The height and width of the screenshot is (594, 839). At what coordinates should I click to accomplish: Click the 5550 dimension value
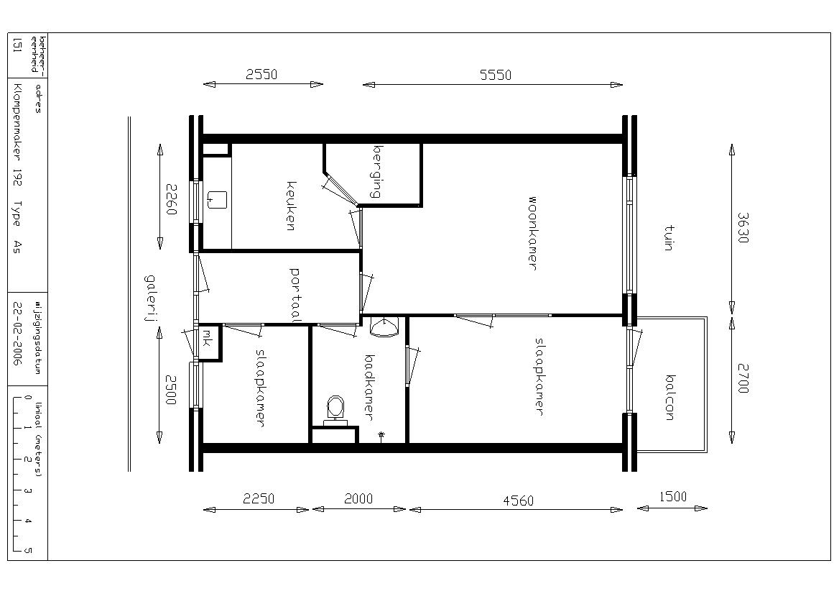[x=496, y=75]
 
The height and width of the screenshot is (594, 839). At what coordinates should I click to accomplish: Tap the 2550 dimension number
[x=261, y=75]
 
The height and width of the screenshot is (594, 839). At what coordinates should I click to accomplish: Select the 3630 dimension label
[x=743, y=228]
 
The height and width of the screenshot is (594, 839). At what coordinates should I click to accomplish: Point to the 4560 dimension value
[x=519, y=501]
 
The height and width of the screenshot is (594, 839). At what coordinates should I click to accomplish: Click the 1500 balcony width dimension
[x=672, y=496]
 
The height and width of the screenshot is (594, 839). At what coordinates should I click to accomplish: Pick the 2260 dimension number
[x=171, y=199]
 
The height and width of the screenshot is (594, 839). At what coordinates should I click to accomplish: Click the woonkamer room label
[x=532, y=233]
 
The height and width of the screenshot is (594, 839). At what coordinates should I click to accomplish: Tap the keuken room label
[x=291, y=206]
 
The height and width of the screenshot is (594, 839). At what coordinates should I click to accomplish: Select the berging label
[x=377, y=171]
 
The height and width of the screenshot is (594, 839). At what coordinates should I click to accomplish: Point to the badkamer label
[x=369, y=387]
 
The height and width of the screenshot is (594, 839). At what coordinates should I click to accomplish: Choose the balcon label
[x=669, y=398]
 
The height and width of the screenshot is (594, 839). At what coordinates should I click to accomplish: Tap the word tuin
[x=669, y=238]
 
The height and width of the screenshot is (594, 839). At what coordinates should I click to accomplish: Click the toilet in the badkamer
[x=335, y=411]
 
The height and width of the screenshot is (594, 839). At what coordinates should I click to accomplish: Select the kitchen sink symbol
[x=217, y=200]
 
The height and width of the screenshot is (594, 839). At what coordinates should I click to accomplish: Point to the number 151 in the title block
[x=17, y=45]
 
